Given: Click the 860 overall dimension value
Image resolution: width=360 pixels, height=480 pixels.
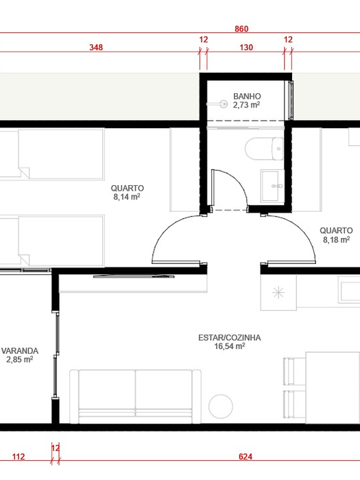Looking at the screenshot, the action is click(x=241, y=29).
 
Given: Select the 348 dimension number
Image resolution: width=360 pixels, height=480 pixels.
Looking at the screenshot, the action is click(x=96, y=47).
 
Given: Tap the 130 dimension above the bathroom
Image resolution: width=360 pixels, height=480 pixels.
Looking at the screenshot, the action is click(x=246, y=47).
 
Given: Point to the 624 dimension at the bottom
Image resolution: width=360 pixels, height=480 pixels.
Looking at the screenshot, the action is click(x=245, y=457).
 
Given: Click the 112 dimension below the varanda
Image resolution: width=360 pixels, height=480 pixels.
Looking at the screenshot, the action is click(x=19, y=457).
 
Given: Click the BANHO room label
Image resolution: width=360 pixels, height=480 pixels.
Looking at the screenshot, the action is click(x=247, y=96).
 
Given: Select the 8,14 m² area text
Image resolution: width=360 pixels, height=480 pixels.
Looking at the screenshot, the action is click(x=127, y=197).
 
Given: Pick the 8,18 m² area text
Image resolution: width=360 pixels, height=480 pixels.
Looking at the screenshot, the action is click(x=336, y=239).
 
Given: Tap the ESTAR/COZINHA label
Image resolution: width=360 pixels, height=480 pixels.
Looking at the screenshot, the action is click(x=230, y=337).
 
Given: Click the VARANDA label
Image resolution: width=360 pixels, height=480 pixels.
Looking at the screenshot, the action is click(x=20, y=351).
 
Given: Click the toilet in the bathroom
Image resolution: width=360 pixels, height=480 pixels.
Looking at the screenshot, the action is click(x=265, y=149).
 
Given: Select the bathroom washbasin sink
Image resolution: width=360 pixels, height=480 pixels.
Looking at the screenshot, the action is click(x=272, y=186).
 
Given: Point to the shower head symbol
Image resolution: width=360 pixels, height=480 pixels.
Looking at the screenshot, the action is click(x=224, y=104).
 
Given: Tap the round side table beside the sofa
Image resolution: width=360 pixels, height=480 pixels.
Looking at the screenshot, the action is click(x=221, y=406).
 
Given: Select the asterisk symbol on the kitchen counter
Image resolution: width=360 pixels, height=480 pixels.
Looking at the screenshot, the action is click(x=278, y=293).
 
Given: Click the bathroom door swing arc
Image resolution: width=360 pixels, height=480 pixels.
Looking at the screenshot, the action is click(x=240, y=181).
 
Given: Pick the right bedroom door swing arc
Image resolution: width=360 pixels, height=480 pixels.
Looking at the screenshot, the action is click(x=302, y=230).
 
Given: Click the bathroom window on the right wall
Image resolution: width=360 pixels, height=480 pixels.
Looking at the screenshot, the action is click(x=291, y=100).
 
